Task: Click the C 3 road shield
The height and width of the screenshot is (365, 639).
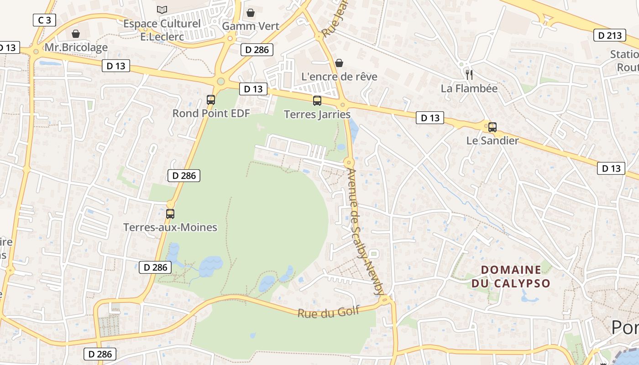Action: [44, 20]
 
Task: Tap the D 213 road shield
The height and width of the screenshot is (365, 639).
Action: [610, 35]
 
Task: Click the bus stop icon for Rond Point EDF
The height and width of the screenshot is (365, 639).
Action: [210, 99]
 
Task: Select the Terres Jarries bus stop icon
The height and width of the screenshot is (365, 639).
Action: [317, 101]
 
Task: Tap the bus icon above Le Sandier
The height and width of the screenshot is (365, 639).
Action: [492, 127]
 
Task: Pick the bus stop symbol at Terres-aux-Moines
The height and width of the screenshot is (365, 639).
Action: [170, 214]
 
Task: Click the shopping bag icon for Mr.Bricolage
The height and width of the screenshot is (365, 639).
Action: [76, 34]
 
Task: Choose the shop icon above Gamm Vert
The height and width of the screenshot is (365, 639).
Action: [250, 13]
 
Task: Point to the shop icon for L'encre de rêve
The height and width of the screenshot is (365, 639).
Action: [339, 63]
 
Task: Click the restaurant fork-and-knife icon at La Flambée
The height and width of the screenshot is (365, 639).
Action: [469, 74]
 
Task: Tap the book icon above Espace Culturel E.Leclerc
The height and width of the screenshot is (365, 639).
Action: [162, 10]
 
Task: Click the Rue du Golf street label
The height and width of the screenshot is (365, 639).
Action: [329, 312]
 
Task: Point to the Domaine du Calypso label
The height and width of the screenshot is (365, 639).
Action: [511, 276]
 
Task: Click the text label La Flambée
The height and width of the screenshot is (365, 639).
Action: [469, 88]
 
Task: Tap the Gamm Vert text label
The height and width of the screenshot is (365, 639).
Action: [251, 26]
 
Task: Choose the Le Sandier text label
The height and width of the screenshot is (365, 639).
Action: [492, 141]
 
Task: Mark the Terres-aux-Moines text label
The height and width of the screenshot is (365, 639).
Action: [170, 227]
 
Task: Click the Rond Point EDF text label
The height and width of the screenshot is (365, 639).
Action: [211, 113]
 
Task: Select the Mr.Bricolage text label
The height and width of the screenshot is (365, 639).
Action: [76, 47]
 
